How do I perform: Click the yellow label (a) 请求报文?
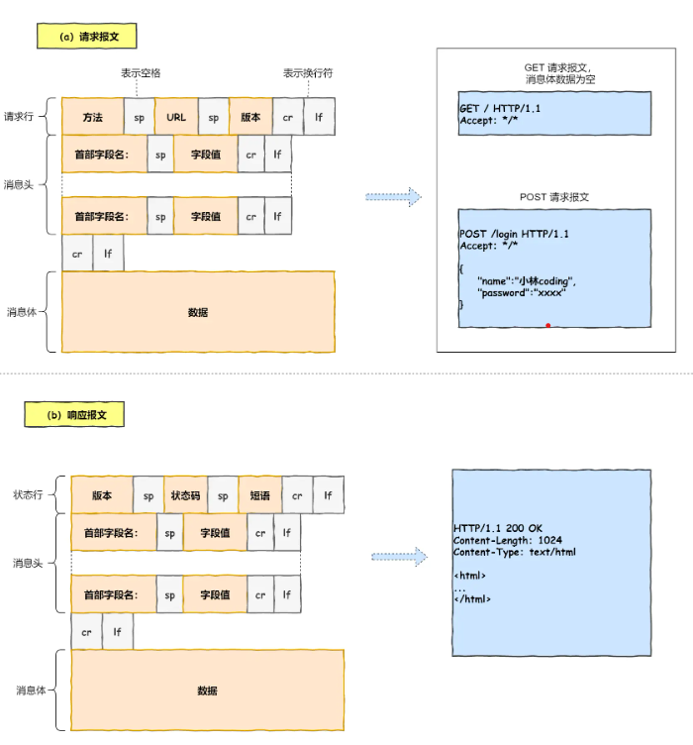point(86,37)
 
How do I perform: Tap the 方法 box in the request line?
point(92,117)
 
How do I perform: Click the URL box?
point(176,117)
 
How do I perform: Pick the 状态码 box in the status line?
point(185,494)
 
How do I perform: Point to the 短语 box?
point(259,494)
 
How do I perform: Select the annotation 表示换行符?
point(308,73)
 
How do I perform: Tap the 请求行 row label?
point(19,116)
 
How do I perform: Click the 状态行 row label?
point(28,494)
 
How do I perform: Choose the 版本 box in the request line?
point(250,117)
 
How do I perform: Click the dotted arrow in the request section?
point(393,197)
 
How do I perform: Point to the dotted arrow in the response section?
point(398,558)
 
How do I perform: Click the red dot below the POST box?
point(547,324)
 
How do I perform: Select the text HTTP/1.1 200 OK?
point(498,528)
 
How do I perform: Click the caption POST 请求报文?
point(554,197)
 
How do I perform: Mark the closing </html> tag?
point(472,599)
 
